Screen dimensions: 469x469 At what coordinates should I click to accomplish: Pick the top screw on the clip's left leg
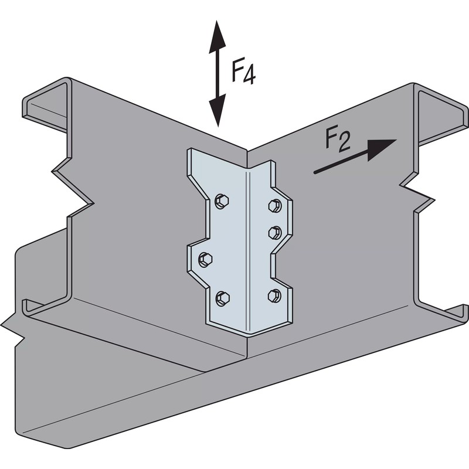pyautogui.click(x=222, y=200)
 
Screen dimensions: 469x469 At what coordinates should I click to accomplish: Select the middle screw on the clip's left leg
pyautogui.click(x=205, y=259)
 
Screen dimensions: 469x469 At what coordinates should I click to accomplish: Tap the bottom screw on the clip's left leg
pyautogui.click(x=222, y=298)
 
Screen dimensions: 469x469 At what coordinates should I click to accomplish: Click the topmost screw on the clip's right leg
pyautogui.click(x=274, y=205)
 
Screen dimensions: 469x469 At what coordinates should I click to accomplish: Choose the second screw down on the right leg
pyautogui.click(x=274, y=232)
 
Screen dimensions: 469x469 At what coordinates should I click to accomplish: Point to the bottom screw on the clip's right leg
pyautogui.click(x=274, y=295)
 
